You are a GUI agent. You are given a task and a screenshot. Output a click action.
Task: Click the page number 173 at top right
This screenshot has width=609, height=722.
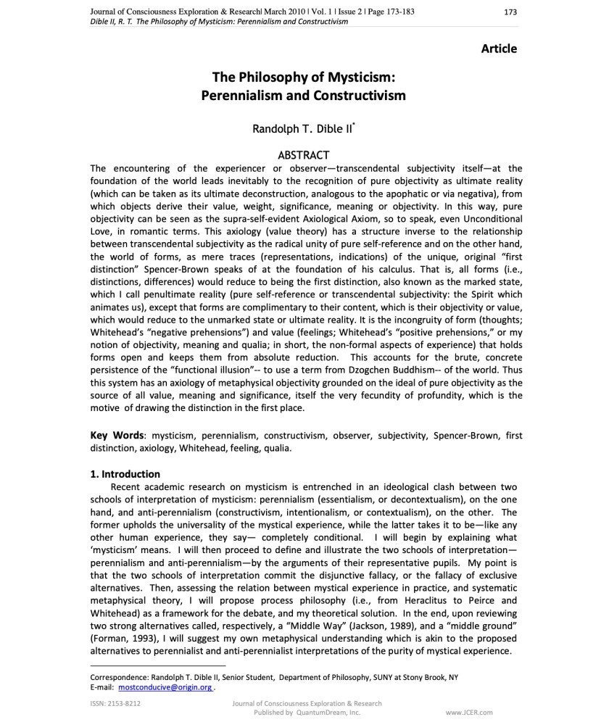(x=510, y=12)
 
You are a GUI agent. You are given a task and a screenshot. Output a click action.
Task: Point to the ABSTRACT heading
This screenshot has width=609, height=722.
(x=304, y=155)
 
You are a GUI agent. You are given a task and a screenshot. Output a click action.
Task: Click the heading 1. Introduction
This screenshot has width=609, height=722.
(x=125, y=474)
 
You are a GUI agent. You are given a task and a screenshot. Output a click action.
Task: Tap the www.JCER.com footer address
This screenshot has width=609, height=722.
(x=469, y=713)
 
